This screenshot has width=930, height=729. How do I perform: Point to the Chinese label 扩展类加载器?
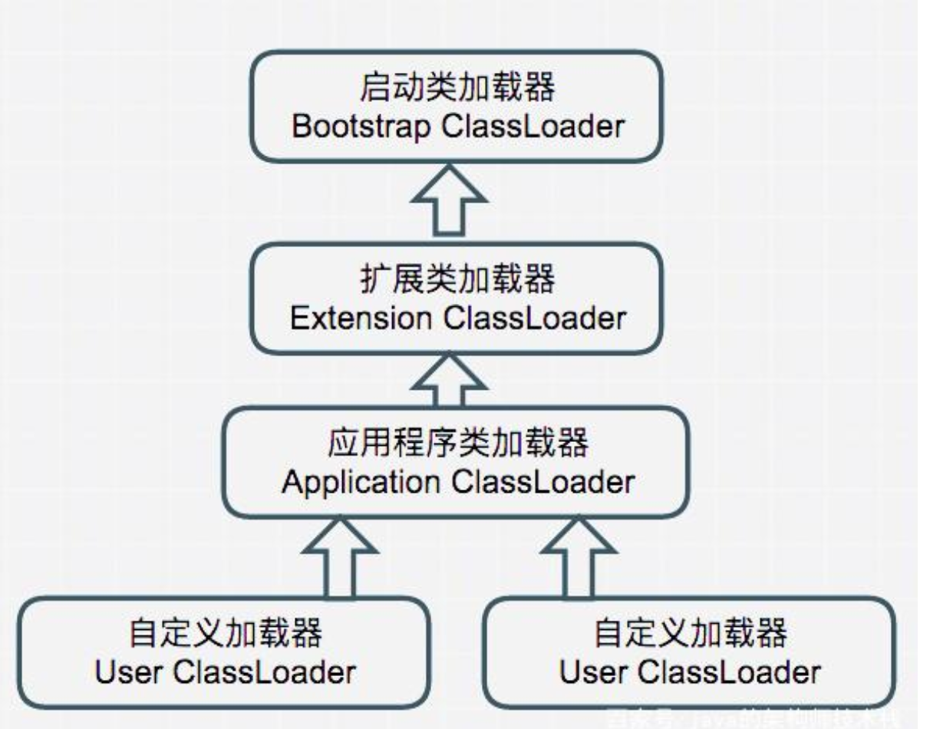pyautogui.click(x=457, y=281)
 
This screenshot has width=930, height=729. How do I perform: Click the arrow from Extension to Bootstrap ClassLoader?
pyautogui.click(x=447, y=205)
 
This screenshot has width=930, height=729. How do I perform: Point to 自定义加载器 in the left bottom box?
pyautogui.click(x=226, y=635)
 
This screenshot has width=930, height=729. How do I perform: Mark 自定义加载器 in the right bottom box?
pyautogui.click(x=690, y=635)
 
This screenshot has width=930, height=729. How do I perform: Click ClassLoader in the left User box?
pyautogui.click(x=263, y=672)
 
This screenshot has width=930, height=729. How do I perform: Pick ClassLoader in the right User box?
pyautogui.click(x=727, y=672)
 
